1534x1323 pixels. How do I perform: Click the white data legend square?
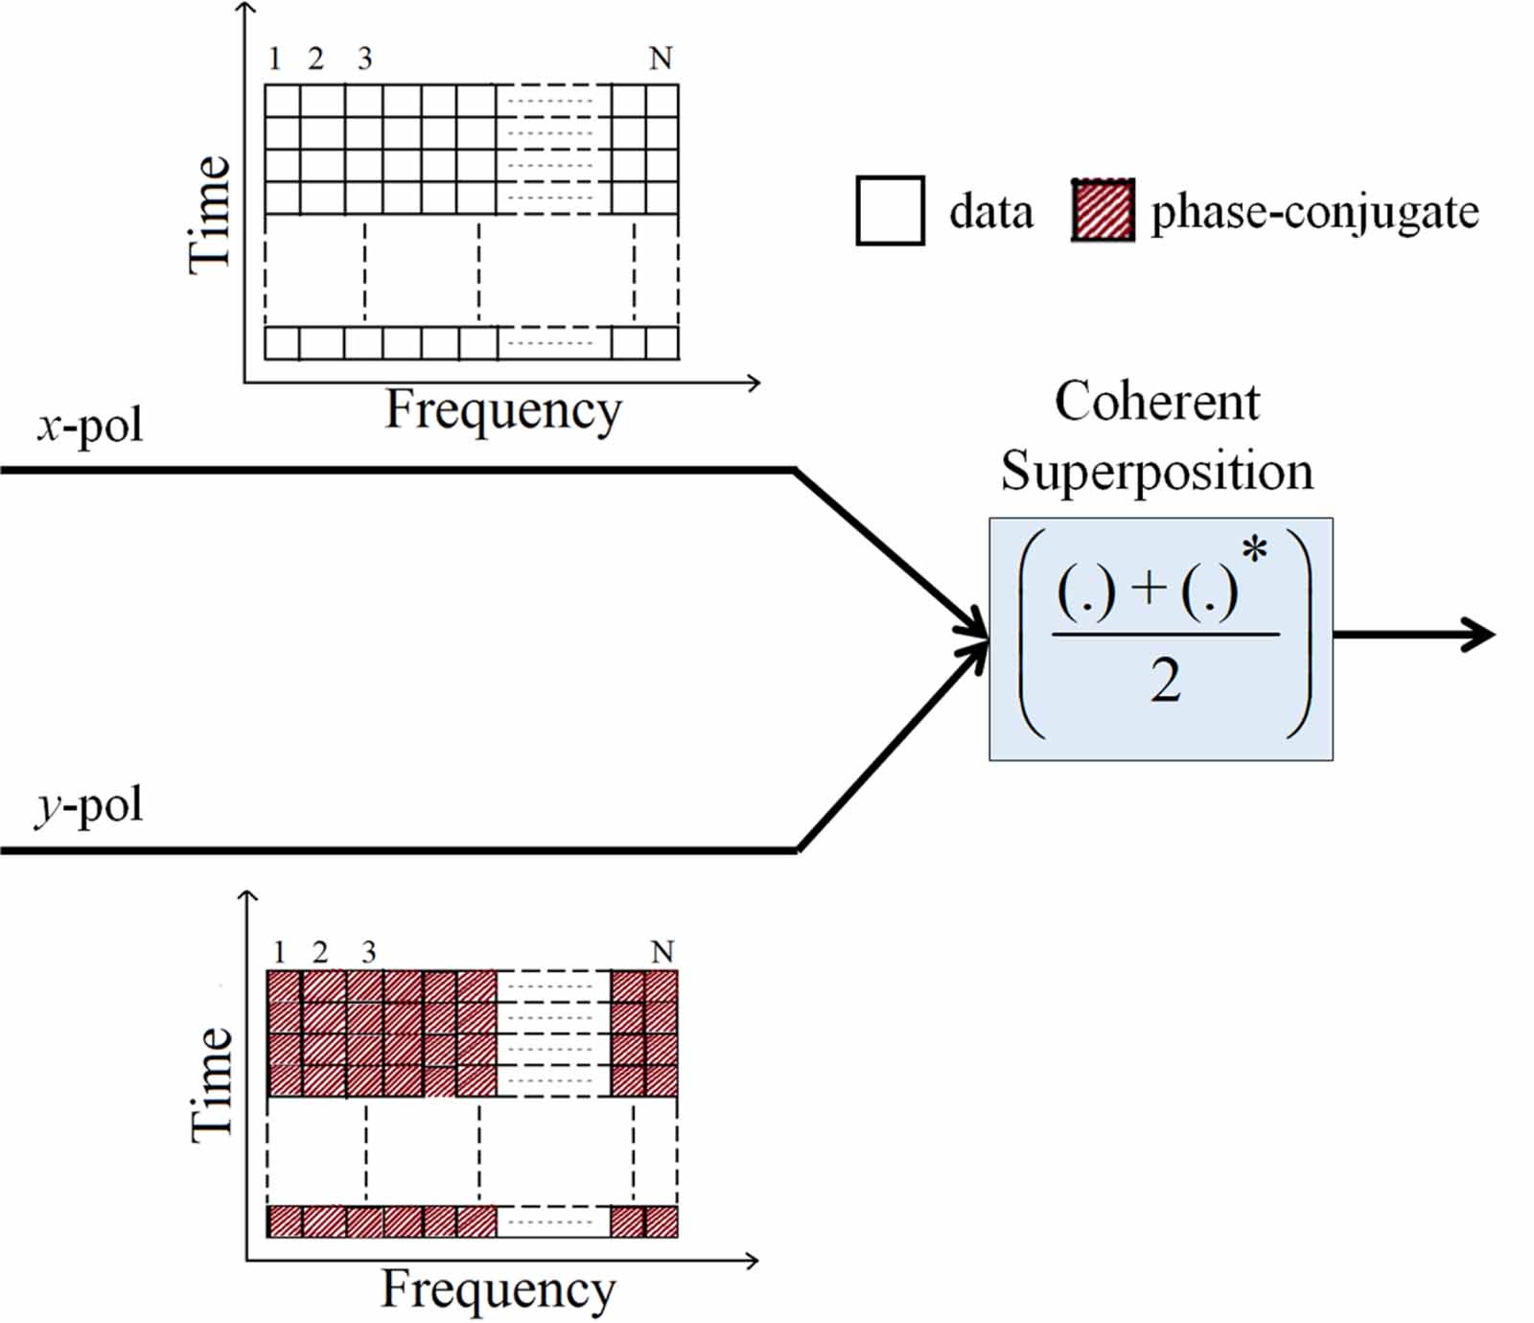coord(890,211)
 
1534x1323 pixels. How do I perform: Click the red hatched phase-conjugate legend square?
coord(1103,210)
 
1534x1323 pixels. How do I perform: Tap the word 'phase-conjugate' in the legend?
coord(1314,212)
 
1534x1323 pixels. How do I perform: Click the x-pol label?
coord(90,425)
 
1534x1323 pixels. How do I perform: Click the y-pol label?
coord(89,804)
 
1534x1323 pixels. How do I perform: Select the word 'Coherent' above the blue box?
coord(1156,401)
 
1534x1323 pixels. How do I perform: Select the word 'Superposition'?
coord(1156,471)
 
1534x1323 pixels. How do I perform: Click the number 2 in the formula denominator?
coord(1165,681)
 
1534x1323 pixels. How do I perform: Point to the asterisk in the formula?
coord(1254,552)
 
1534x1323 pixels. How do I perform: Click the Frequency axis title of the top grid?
coord(503,410)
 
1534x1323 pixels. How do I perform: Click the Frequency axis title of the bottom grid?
coord(499,1288)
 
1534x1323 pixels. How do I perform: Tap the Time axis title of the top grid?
coord(210,215)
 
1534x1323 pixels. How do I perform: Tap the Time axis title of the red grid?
coord(212,1083)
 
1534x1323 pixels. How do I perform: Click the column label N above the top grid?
coord(660,59)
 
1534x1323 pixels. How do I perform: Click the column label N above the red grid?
coord(662,952)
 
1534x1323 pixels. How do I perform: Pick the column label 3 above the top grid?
coord(364,59)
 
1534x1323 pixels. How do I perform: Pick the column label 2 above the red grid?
coord(319,952)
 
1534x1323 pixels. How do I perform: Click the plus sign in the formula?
coord(1149,588)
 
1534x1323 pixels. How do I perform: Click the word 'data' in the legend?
coord(990,212)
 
